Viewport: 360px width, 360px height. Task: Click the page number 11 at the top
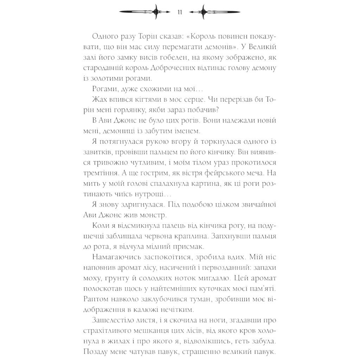(180, 12)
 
